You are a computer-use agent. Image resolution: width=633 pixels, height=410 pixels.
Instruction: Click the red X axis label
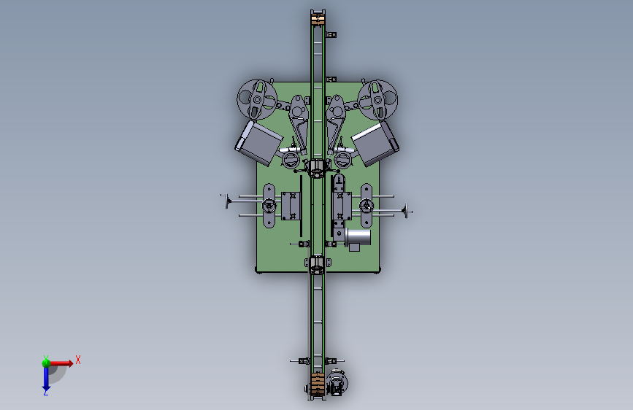[78, 360]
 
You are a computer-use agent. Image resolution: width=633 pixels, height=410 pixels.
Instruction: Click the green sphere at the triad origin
[46, 363]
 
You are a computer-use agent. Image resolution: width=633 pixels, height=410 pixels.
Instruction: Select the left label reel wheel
[257, 100]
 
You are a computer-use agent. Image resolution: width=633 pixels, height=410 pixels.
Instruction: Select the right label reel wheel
[377, 100]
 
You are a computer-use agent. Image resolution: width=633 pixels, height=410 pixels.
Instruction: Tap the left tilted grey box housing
[258, 143]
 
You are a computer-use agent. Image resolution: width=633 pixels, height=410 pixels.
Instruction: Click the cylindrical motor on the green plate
[358, 237]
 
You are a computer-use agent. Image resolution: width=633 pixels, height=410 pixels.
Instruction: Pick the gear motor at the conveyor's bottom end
[337, 383]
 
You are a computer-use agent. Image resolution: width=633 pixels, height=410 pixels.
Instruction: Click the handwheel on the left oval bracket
[269, 206]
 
